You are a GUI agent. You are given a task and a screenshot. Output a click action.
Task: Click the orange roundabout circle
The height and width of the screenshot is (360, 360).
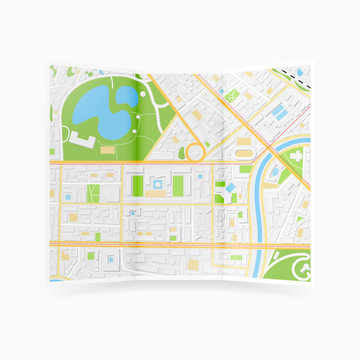click(x=194, y=153)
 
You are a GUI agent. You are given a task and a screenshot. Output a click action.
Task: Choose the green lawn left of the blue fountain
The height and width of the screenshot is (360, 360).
click(x=136, y=185)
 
